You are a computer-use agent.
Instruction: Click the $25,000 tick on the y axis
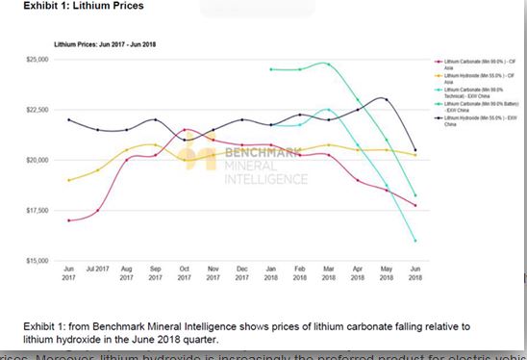(38, 60)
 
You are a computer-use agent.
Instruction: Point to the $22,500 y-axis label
(38, 110)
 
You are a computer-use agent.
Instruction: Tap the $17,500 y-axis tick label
(38, 210)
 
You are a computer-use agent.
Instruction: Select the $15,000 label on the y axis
(38, 260)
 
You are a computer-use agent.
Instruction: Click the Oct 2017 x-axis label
(184, 271)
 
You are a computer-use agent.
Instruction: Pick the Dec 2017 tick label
(242, 271)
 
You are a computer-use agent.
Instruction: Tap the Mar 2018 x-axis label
(328, 271)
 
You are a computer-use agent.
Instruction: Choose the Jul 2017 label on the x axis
(97, 271)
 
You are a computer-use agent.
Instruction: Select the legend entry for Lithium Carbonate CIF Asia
(466, 63)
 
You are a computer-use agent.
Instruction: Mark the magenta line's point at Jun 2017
(68, 220)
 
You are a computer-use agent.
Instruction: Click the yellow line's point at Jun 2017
(68, 180)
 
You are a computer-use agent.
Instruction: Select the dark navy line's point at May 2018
(386, 99)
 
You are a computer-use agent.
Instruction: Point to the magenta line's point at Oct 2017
(184, 130)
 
